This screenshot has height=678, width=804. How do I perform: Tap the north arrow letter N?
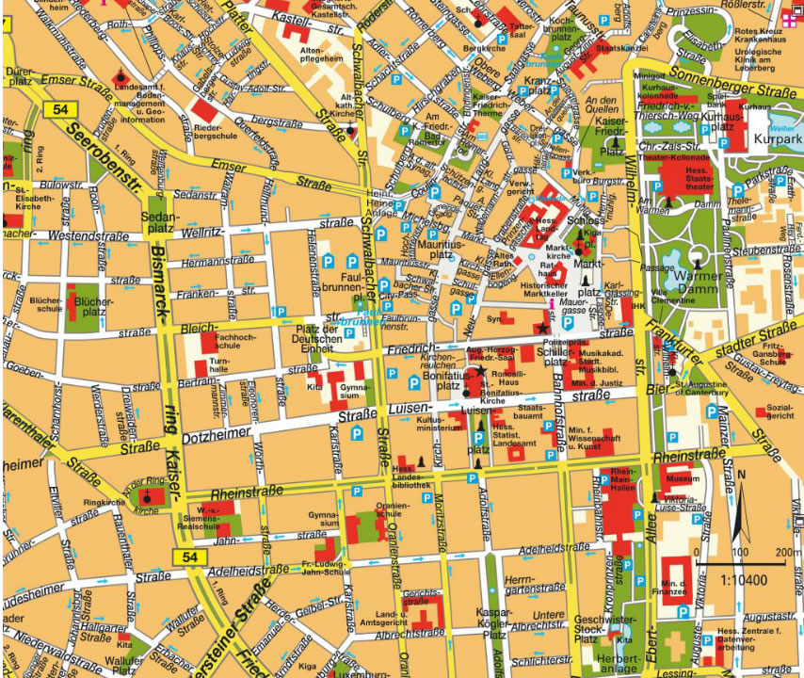[742, 474]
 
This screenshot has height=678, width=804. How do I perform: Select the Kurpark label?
[779, 144]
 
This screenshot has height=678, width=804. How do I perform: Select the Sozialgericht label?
[780, 411]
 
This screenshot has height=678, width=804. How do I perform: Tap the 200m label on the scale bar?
[788, 552]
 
